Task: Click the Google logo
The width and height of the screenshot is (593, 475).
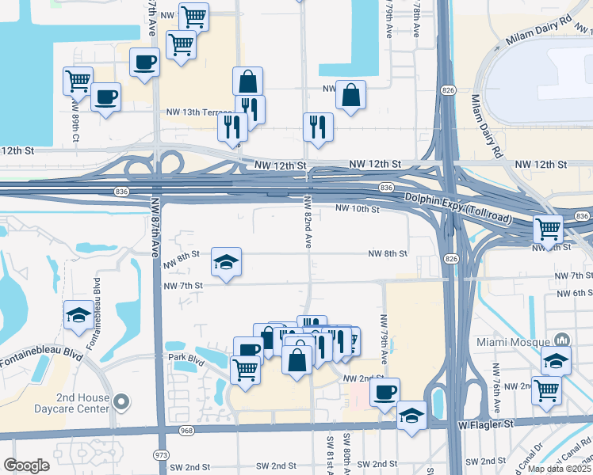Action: click(26, 465)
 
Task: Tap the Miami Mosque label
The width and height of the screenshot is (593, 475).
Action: click(513, 342)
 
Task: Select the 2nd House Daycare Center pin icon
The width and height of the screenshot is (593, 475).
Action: click(121, 402)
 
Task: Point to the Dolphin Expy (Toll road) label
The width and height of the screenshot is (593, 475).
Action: click(457, 207)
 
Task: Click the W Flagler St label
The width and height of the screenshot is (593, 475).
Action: click(486, 424)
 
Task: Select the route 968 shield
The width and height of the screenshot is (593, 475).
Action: click(187, 431)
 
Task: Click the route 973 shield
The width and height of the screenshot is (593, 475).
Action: click(161, 455)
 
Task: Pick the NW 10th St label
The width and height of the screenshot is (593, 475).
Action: click(358, 209)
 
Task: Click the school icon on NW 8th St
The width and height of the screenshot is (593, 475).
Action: click(227, 262)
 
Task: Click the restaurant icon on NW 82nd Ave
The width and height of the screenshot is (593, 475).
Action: click(318, 127)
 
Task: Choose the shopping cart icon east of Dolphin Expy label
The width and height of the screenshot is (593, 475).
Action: click(548, 228)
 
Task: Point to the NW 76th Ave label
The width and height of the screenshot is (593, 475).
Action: click(496, 384)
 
